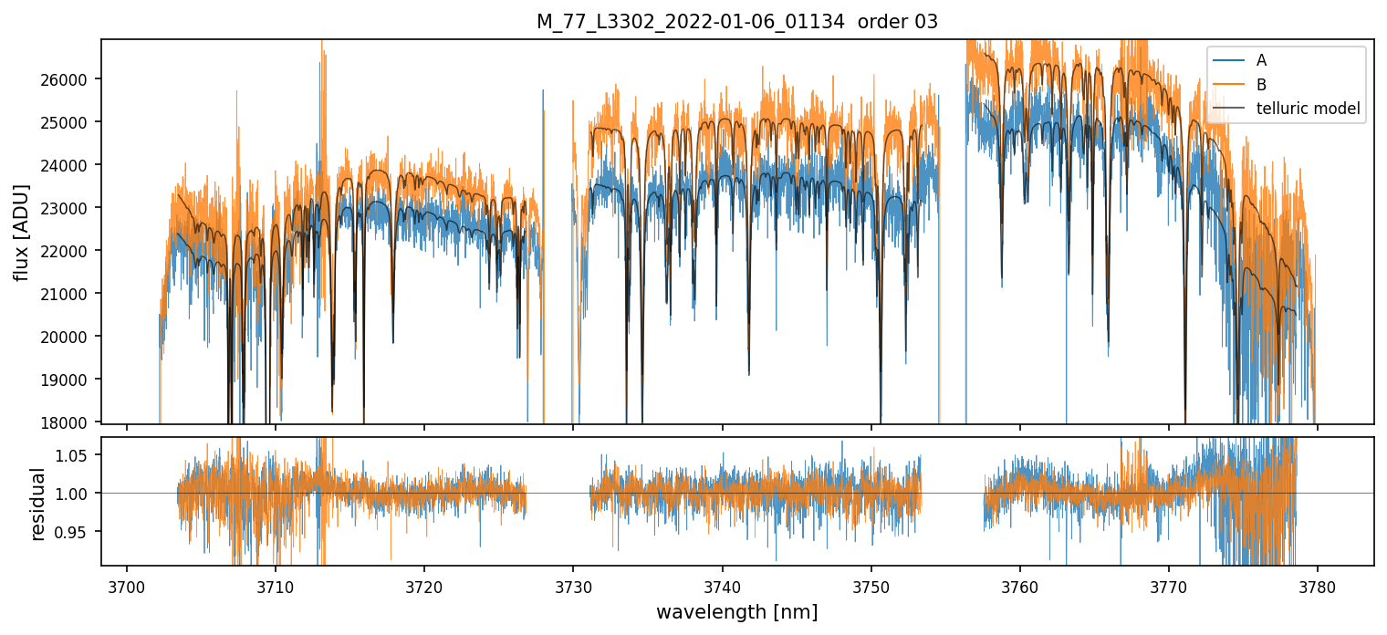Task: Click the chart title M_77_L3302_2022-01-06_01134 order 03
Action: coord(736,22)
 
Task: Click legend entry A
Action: coord(1261,60)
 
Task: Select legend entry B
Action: coord(1261,85)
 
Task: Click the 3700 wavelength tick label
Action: coord(126,586)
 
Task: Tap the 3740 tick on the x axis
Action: coord(722,586)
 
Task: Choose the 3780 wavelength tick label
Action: coord(1318,586)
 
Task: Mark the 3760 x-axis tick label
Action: coord(1019,586)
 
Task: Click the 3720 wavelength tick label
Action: coord(423,586)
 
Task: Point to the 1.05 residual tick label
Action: coord(78,455)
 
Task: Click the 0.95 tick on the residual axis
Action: coord(78,532)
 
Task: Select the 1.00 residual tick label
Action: coord(78,494)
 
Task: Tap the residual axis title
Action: coord(37,503)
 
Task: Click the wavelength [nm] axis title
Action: coord(736,611)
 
